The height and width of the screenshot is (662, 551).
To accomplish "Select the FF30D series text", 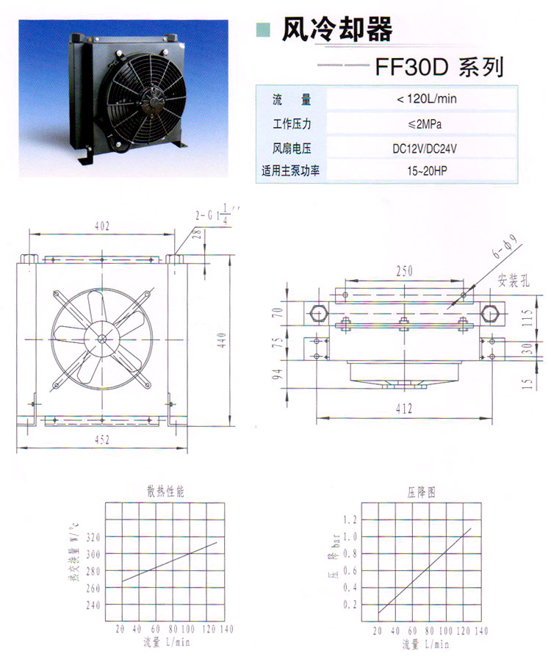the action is (439, 67).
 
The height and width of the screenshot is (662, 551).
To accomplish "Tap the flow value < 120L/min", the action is (426, 99).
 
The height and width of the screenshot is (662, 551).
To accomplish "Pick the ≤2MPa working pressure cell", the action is (425, 124).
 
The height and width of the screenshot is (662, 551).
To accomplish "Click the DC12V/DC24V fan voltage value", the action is (425, 148).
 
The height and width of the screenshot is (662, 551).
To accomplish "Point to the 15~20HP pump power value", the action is (427, 171).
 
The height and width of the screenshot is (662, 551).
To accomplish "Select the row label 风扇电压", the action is (292, 148).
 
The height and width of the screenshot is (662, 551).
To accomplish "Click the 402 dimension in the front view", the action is (102, 226).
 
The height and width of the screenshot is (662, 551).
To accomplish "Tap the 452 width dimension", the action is (102, 440).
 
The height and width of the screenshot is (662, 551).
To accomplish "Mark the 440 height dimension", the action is (222, 340).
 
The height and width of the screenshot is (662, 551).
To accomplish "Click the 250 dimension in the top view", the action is (404, 271).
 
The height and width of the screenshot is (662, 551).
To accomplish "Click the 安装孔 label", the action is (514, 281).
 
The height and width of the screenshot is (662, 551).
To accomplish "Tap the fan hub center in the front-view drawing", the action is (102, 339).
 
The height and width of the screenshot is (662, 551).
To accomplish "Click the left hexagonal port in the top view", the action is (317, 313).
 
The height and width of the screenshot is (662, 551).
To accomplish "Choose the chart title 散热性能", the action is (165, 492).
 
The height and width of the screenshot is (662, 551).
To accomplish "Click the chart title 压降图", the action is (422, 492).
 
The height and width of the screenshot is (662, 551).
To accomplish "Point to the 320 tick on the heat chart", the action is (93, 537).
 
